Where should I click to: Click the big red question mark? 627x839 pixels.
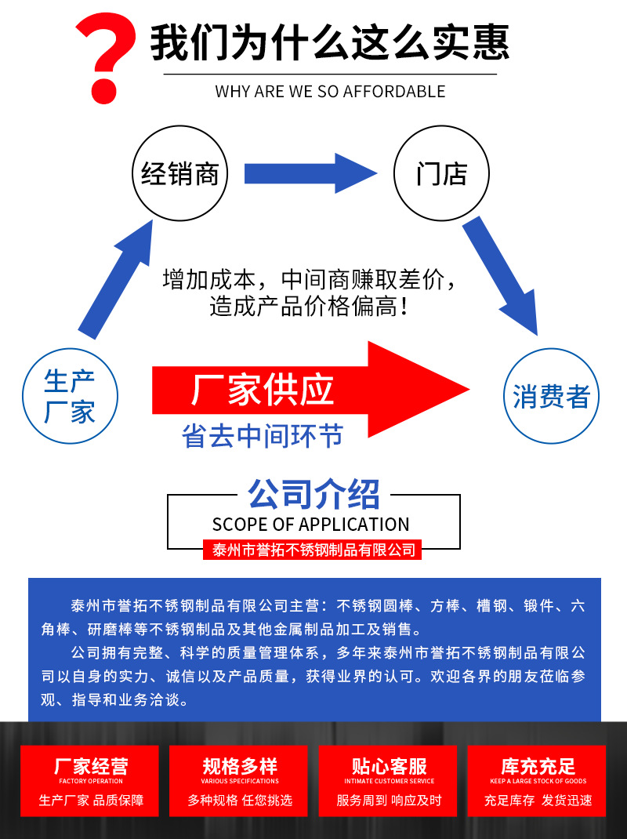pos(106,59)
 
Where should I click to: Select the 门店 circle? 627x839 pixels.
pos(441,173)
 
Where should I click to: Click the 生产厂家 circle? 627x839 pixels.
pos(70,396)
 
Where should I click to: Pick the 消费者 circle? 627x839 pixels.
pos(551,396)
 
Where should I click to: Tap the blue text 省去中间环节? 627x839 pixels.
pos(263,436)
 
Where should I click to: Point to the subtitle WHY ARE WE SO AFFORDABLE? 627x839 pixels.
pos(330,92)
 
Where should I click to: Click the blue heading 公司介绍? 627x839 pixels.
pos(313,495)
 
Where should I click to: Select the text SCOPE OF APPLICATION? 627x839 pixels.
pos(311,524)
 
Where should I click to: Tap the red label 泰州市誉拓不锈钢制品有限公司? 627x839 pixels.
pos(313,550)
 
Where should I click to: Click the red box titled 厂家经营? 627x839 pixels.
pos(91,780)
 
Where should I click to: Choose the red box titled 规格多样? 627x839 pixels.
pos(240,780)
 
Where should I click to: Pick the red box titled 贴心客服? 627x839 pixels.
pos(389,780)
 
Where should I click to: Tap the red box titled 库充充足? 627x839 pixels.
pos(538,780)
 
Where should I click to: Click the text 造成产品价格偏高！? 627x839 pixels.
pos(309,307)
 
